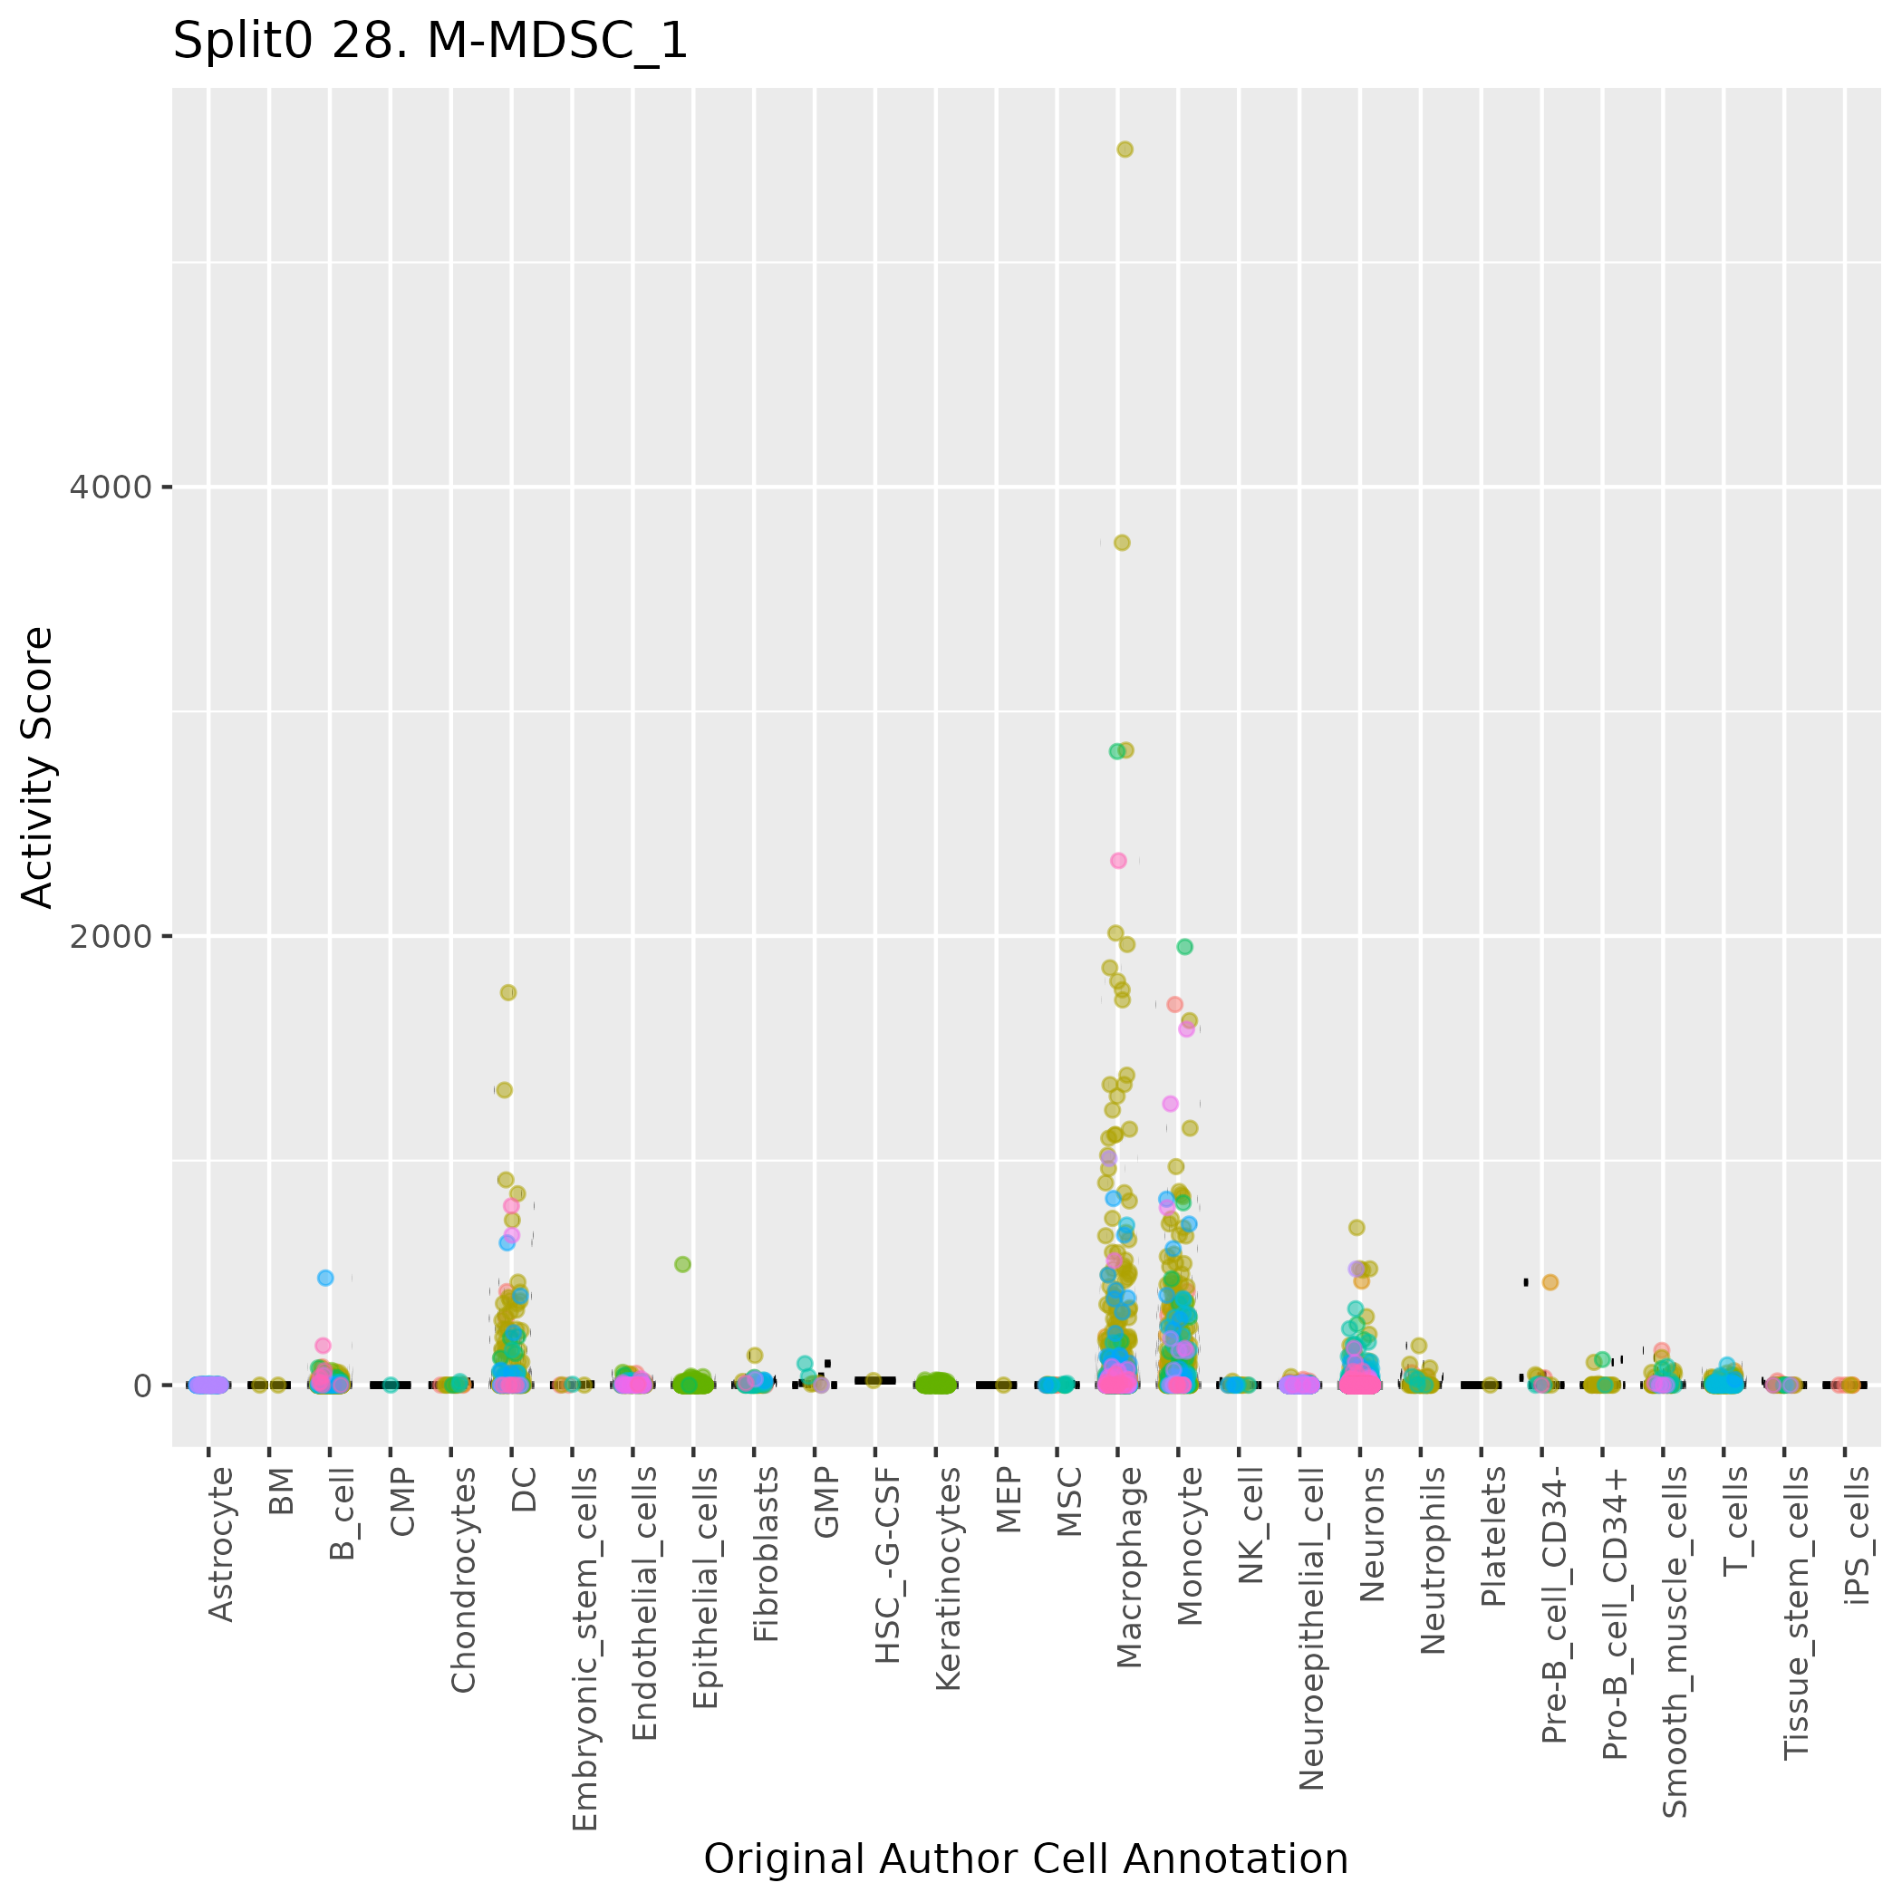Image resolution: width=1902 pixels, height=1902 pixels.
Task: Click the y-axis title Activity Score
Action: pos(37,768)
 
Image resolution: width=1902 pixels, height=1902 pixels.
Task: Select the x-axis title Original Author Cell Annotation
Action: pos(1025,1859)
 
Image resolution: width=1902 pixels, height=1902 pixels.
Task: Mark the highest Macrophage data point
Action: pos(1125,150)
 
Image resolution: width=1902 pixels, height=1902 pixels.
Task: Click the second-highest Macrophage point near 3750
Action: pos(1121,543)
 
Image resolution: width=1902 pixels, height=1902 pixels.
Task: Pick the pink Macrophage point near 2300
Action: pos(1118,861)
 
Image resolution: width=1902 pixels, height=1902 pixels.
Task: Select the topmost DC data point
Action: pos(508,992)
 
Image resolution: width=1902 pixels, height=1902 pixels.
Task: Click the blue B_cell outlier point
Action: pos(326,1278)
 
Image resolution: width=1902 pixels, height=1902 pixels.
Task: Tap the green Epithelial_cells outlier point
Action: pos(682,1264)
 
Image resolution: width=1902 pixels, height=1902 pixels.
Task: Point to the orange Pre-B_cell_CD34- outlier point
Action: pos(1550,1282)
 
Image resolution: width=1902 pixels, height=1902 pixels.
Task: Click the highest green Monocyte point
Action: pos(1184,946)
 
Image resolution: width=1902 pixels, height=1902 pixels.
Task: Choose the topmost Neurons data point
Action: pos(1356,1227)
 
